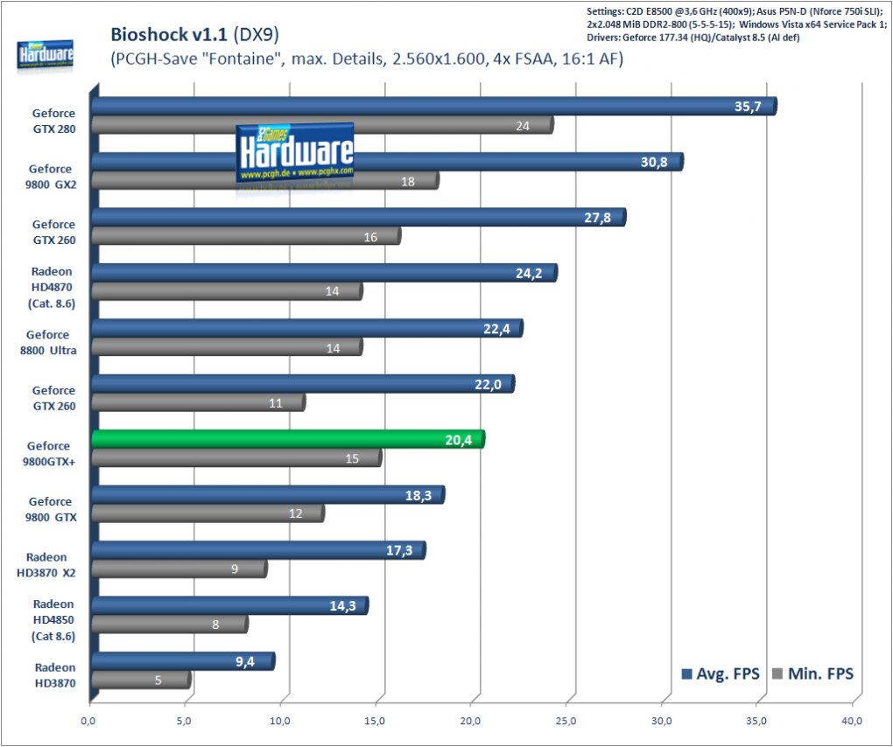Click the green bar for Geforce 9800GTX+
pyautogui.click(x=288, y=439)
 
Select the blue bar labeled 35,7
pyautogui.click(x=434, y=107)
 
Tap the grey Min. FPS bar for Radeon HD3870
pyautogui.click(x=141, y=680)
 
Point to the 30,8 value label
pyautogui.click(x=654, y=162)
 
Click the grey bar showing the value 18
pyautogui.click(x=265, y=181)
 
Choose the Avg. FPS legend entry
pyautogui.click(x=721, y=674)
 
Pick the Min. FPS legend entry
pyautogui.click(x=812, y=674)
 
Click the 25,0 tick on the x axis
pyautogui.click(x=566, y=722)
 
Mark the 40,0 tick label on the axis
pyautogui.click(x=852, y=722)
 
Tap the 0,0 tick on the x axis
pyautogui.click(x=88, y=722)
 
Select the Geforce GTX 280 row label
pyautogui.click(x=54, y=122)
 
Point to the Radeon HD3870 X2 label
pyautogui.click(x=46, y=565)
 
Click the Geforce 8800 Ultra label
pyautogui.click(x=48, y=343)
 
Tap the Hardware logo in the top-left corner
pyautogui.click(x=45, y=56)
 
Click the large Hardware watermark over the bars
pyautogui.click(x=295, y=155)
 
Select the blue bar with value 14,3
pyautogui.click(x=230, y=606)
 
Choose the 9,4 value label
pyautogui.click(x=245, y=661)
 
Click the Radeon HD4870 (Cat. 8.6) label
pyautogui.click(x=52, y=287)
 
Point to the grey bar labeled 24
pyautogui.click(x=322, y=125)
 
